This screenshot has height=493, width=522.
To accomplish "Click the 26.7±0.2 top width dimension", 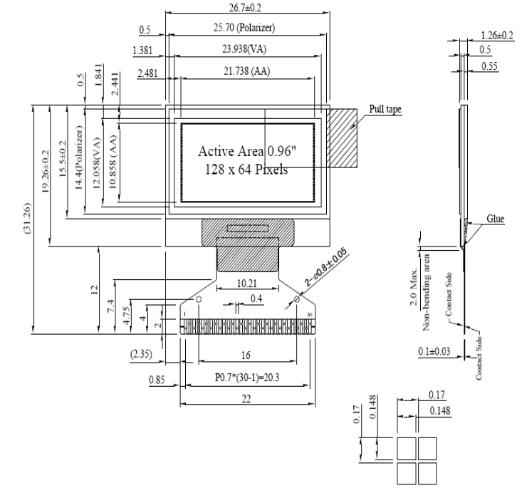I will (x=247, y=6).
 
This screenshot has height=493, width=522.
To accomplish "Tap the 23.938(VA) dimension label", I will (x=246, y=49).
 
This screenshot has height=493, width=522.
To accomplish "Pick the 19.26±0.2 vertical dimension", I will (x=46, y=175).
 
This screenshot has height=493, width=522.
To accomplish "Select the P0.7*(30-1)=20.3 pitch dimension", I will (x=246, y=380).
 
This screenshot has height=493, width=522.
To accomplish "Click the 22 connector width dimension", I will (x=246, y=400).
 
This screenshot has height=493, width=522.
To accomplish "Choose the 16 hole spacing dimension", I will (x=246, y=356).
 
